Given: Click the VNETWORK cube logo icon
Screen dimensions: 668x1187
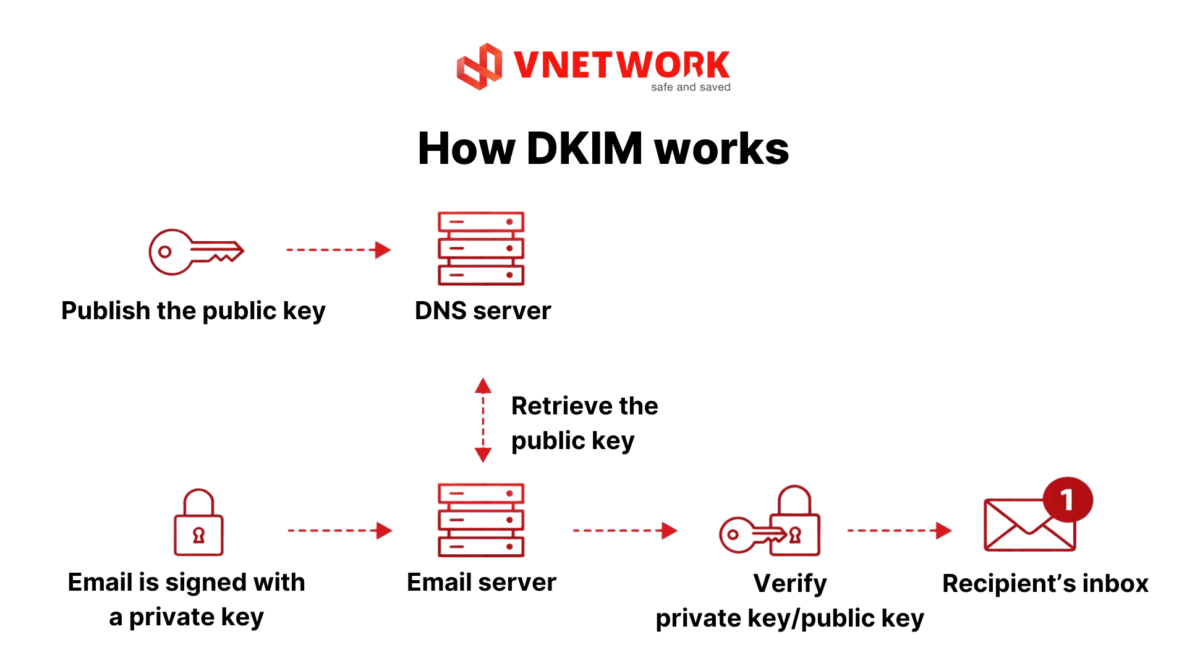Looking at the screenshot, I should coord(479,66).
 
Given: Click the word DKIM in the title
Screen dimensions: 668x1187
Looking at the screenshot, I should coord(584,149).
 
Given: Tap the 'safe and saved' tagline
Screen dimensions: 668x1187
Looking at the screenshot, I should coord(691,87).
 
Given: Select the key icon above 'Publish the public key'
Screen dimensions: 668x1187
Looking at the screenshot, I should coord(196,252).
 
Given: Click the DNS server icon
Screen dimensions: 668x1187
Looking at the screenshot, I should coord(481,249).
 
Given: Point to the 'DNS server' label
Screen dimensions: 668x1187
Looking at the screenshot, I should coord(483,310).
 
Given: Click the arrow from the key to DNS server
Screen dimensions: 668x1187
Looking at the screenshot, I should coord(338,250).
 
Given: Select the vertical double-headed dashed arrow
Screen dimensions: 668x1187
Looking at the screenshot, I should coord(483,420).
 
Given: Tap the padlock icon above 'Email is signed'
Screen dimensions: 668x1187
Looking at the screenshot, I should coord(198,523).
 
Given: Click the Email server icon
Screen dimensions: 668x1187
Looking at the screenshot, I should coord(481,520).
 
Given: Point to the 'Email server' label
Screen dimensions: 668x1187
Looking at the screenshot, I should coord(482,583).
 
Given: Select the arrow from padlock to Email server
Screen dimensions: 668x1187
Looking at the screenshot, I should coord(339,531).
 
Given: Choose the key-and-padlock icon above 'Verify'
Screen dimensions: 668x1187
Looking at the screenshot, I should coord(770,523).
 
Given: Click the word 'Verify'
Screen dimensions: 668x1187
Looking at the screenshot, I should coord(789,584).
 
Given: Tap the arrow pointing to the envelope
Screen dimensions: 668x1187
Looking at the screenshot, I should coord(899,531).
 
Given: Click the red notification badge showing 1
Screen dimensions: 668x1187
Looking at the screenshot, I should coord(1067,500).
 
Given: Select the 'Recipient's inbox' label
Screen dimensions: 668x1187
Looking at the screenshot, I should coord(1045,584).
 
